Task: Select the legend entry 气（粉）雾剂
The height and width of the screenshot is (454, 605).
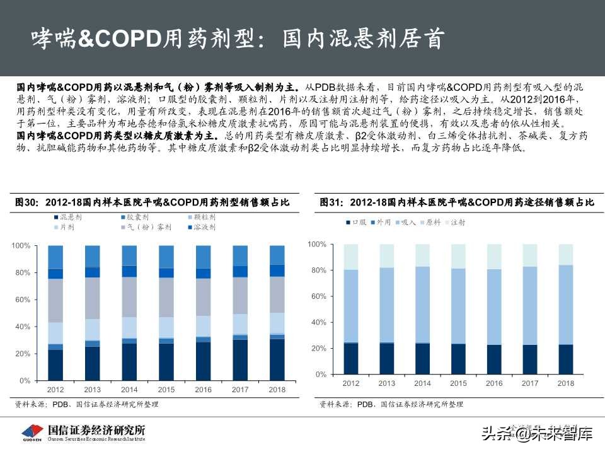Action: point(146,228)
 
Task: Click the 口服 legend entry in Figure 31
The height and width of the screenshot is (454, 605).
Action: point(359,222)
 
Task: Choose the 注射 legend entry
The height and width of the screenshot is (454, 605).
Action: point(457,222)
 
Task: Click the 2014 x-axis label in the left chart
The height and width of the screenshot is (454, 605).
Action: point(129,390)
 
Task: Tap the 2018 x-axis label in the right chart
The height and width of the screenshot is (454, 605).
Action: point(567,383)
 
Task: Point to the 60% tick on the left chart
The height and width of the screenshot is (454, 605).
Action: point(22,300)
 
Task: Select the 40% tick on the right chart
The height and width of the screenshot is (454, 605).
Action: point(320,322)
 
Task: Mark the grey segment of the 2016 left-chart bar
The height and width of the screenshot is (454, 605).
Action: point(203,297)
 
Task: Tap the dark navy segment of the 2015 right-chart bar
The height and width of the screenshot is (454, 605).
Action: point(458,359)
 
